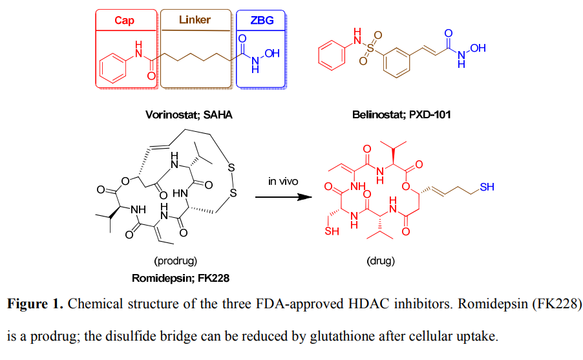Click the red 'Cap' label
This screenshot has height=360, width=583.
(124, 20)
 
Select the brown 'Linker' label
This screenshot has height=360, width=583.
(195, 19)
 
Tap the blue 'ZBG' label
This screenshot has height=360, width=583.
(262, 20)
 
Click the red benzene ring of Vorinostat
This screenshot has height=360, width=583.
(113, 68)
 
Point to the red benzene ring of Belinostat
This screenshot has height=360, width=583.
(332, 55)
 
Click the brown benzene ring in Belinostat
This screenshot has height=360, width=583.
(397, 63)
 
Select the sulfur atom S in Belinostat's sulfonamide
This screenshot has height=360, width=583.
(370, 48)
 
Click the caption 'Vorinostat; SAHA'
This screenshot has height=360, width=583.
(189, 114)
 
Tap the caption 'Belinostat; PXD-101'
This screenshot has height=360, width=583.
(401, 114)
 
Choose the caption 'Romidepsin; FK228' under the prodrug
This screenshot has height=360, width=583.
(181, 278)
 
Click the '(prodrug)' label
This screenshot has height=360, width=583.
(176, 260)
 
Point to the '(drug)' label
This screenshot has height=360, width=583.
(381, 260)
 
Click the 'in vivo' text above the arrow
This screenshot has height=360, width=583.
(283, 181)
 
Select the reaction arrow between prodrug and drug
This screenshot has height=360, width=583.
(283, 196)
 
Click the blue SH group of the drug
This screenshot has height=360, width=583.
(487, 187)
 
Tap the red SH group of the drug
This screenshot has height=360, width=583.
(332, 231)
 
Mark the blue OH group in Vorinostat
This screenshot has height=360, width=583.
(272, 53)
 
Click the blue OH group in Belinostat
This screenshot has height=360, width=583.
(478, 48)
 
